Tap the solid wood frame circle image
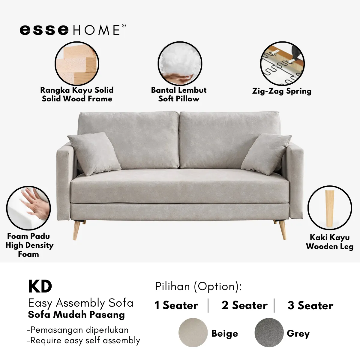[77, 64]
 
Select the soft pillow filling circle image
[180, 64]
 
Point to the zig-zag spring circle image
[282, 64]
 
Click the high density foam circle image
[28, 208]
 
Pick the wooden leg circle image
[330, 208]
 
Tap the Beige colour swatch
[193, 332]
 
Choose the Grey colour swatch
[269, 332]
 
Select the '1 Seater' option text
[176, 305]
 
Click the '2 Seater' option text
[244, 305]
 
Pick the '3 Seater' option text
[310, 305]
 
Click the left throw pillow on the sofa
[94, 154]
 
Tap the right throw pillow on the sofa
[266, 154]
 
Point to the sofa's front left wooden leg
[76, 230]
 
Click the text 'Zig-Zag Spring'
[282, 91]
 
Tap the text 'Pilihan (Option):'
[198, 286]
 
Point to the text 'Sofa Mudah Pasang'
[76, 315]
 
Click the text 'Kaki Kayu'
[330, 237]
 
